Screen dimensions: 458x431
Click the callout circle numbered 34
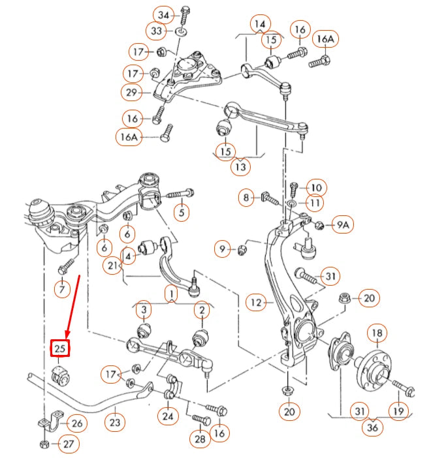(163, 14)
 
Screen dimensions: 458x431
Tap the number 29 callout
(131, 93)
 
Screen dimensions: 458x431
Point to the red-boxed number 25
(61, 348)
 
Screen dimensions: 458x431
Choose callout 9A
(343, 225)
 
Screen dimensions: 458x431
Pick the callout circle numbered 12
(255, 302)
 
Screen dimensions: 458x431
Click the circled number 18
(377, 333)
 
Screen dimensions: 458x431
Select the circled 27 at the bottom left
(68, 445)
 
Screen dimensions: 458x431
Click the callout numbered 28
(200, 439)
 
